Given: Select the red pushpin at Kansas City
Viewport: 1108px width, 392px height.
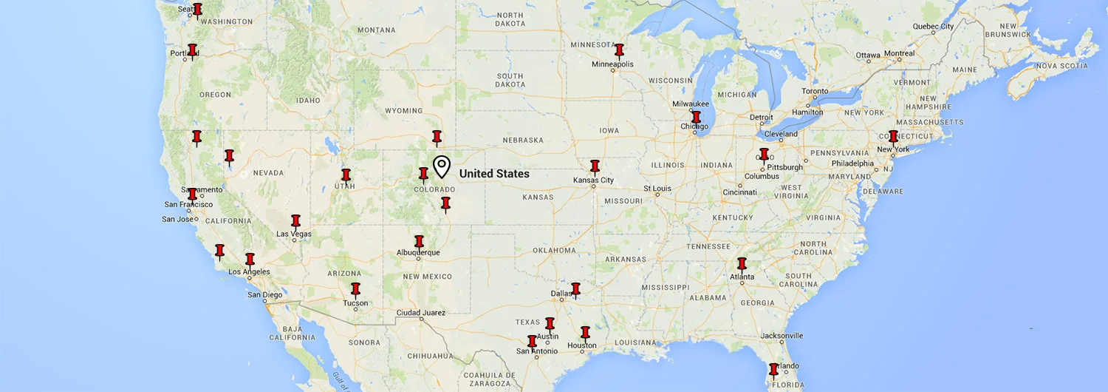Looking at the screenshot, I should pos(595,166).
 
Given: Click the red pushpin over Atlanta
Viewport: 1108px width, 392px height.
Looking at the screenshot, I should pos(742,264).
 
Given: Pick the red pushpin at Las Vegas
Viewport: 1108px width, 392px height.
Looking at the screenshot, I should pos(295,221).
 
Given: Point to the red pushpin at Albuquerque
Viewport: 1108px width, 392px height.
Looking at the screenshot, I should pos(419,242).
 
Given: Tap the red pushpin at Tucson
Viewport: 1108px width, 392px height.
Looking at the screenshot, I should pos(355,289).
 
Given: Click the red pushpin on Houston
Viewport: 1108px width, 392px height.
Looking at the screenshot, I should pos(585,333).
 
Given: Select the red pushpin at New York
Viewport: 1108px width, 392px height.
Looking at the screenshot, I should pos(893,137).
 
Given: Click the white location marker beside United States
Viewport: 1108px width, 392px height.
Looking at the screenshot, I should pos(441,166).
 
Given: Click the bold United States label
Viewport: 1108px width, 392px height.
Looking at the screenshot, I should pos(494,174).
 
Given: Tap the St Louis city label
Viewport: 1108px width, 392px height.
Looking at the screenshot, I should pos(657,189).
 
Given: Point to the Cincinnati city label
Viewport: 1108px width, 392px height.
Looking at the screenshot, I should pos(739,192).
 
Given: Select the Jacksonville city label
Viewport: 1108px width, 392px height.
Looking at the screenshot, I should pos(782,336).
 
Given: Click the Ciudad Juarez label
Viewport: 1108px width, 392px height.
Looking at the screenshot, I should pos(421,313).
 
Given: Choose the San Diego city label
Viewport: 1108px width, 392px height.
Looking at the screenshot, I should pos(264,295).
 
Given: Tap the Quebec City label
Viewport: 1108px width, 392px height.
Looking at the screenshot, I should pos(933,27).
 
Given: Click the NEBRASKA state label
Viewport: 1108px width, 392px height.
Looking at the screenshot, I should pos(523,141).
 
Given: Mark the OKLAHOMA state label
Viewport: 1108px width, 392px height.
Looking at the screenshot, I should pos(543,250).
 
